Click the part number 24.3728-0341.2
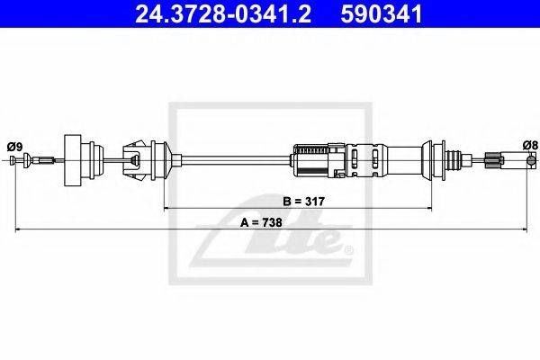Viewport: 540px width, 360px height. pyautogui.click(x=223, y=13)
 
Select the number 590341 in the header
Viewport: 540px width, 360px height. pyautogui.click(x=382, y=13)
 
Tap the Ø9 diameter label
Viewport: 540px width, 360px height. pyautogui.click(x=14, y=147)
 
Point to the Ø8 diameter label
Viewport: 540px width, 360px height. pyautogui.click(x=530, y=145)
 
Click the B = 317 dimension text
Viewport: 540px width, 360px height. pyautogui.click(x=304, y=202)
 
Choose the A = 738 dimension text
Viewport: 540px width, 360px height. pyautogui.click(x=261, y=222)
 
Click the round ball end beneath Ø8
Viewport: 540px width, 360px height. pyautogui.click(x=532, y=160)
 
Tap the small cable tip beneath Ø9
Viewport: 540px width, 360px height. pyautogui.click(x=13, y=160)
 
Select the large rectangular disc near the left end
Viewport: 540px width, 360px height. pyautogui.click(x=73, y=160)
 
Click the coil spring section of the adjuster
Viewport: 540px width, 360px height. pyautogui.click(x=312, y=150)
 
